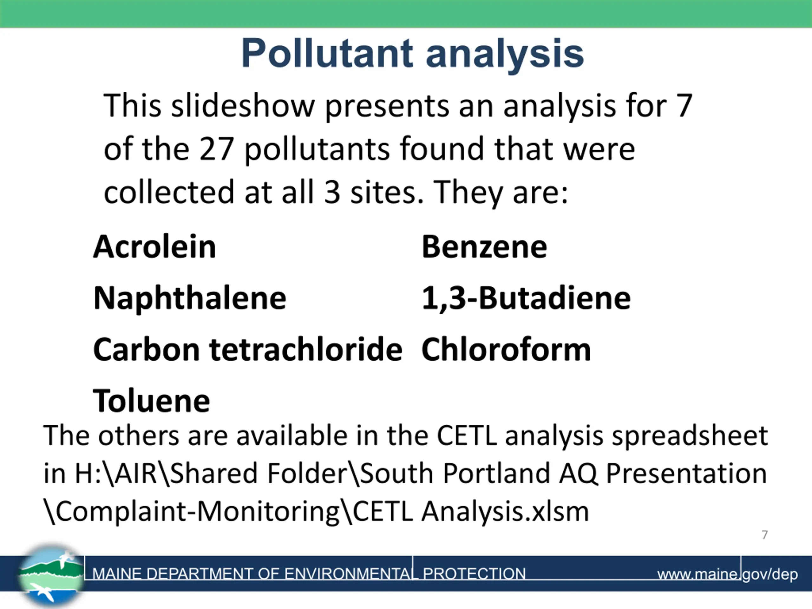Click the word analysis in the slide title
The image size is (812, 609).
click(505, 55)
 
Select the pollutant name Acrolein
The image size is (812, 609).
click(154, 246)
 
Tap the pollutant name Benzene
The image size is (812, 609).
click(484, 247)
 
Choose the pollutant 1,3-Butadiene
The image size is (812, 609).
click(526, 298)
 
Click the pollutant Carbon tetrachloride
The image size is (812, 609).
click(248, 349)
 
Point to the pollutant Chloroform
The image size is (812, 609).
click(506, 349)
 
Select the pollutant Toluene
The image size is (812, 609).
click(152, 401)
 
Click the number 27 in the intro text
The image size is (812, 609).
click(217, 149)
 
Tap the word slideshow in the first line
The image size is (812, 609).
click(243, 105)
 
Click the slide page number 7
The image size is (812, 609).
click(765, 535)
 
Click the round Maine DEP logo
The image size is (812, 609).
click(51, 575)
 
